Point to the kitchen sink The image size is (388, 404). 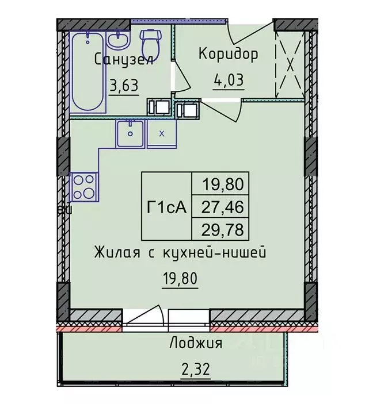[x=131, y=134]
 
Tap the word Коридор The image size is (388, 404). [x=228, y=55]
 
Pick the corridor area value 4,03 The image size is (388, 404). [x=229, y=79]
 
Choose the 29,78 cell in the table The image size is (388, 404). [x=222, y=229]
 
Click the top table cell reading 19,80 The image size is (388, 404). [x=222, y=184]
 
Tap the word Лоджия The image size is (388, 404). [x=196, y=344]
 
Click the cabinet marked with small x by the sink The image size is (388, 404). [x=162, y=134]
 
